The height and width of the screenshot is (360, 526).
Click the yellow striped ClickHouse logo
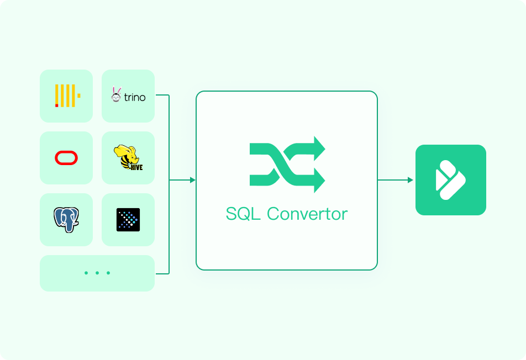[x=68, y=96]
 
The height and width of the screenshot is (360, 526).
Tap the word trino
[x=135, y=98]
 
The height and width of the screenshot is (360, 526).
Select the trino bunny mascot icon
[x=116, y=94]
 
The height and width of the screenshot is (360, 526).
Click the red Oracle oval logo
[x=66, y=158]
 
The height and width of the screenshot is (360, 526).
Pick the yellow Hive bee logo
[x=128, y=157]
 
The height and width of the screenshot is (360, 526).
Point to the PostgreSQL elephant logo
[x=66, y=220]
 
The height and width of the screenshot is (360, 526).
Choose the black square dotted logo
[x=128, y=220]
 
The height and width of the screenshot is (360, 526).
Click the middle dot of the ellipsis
[x=97, y=273]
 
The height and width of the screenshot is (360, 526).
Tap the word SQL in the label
[x=243, y=214]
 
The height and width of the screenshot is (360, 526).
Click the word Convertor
[x=307, y=214]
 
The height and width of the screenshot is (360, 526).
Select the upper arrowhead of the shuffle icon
[x=319, y=148]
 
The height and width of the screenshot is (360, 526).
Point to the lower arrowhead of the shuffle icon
[x=319, y=181]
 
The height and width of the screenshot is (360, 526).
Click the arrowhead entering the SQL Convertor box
[x=192, y=180]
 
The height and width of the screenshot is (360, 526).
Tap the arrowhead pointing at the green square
[x=411, y=180]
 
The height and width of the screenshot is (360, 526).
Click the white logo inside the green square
[x=450, y=180]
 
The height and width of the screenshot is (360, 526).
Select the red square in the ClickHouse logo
[x=57, y=105]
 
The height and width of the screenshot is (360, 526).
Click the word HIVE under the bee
[x=136, y=167]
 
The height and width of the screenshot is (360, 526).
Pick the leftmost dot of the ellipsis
[x=86, y=273]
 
